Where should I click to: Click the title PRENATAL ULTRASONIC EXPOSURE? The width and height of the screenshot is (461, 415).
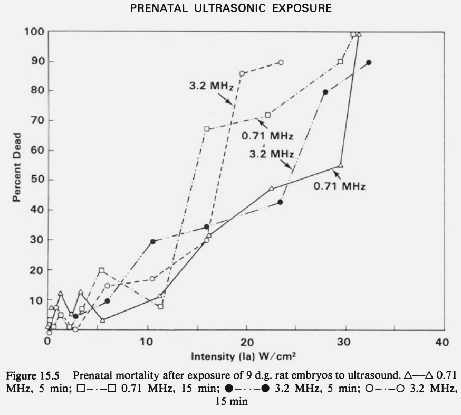pyautogui.click(x=230, y=10)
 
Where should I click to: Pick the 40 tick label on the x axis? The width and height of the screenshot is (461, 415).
pyautogui.click(x=443, y=342)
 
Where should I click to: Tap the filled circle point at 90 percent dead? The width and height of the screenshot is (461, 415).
pyautogui.click(x=369, y=62)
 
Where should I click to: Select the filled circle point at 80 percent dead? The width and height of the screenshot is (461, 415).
pyautogui.click(x=325, y=92)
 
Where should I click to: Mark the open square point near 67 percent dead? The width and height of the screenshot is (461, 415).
pyautogui.click(x=207, y=129)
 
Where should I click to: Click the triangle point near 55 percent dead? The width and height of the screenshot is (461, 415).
pyautogui.click(x=340, y=166)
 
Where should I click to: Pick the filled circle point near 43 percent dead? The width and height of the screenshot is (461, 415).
pyautogui.click(x=281, y=202)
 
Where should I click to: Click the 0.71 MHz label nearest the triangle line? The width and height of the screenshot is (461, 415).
pyautogui.click(x=340, y=186)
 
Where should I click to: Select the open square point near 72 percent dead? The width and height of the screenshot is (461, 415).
pyautogui.click(x=268, y=115)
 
